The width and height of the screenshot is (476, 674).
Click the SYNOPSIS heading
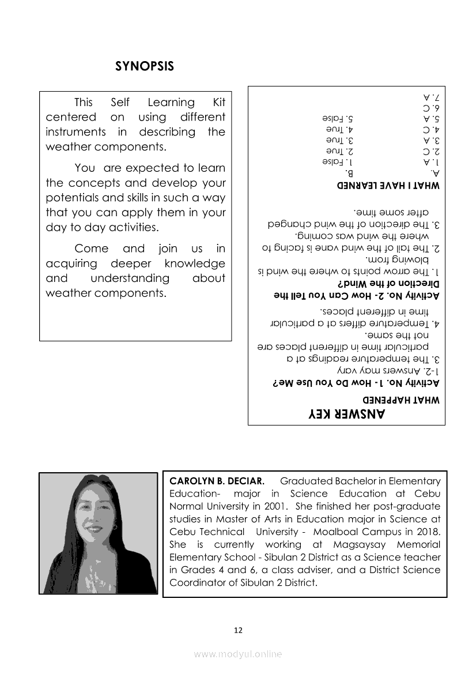[x=145, y=66]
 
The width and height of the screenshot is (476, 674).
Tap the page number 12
[x=238, y=630]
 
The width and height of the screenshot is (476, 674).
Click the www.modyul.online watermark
[x=238, y=654]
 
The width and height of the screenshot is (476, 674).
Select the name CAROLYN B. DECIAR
[x=217, y=481]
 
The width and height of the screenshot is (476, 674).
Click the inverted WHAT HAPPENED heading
[x=401, y=399]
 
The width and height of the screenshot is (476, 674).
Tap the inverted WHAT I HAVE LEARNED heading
[x=388, y=186]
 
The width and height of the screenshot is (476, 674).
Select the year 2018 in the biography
[x=425, y=532]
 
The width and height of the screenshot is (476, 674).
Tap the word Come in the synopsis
[x=92, y=249]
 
